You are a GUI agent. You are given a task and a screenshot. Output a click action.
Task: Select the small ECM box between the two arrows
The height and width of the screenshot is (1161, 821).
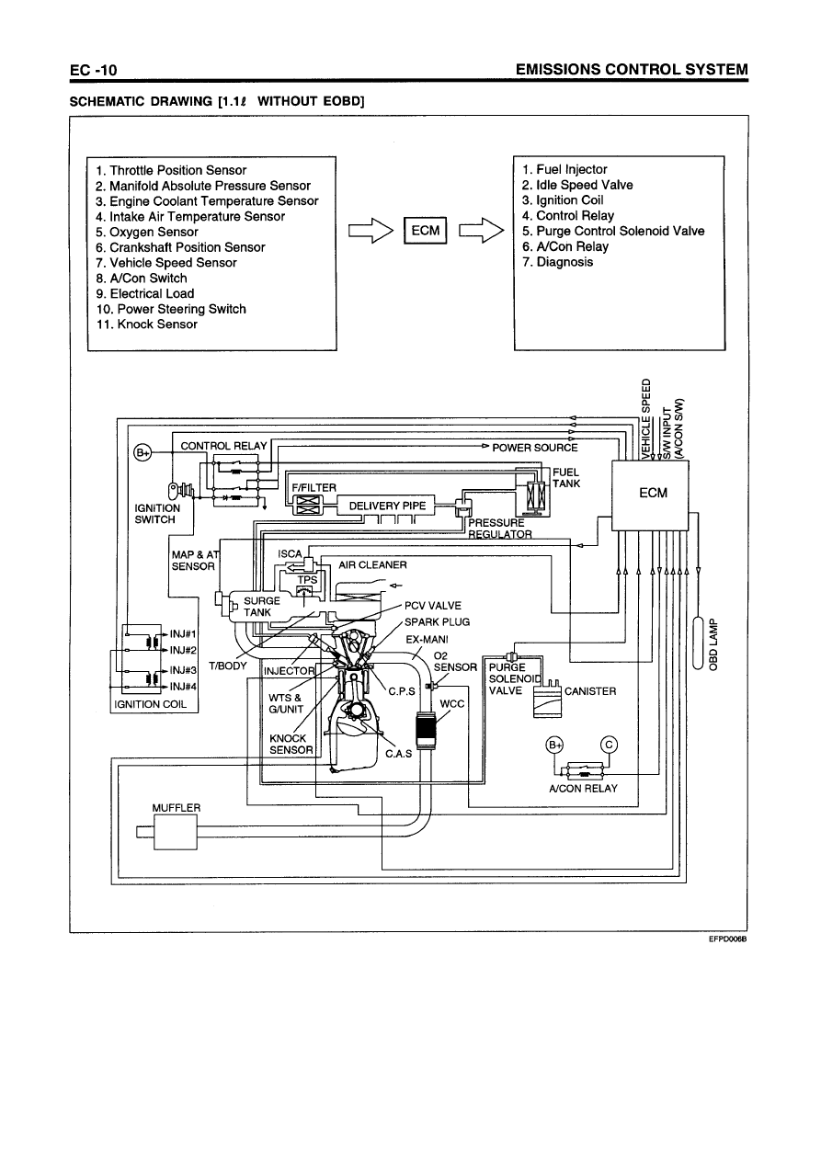click(x=425, y=231)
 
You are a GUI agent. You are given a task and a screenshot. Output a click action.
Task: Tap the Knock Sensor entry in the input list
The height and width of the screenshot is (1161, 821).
click(x=146, y=324)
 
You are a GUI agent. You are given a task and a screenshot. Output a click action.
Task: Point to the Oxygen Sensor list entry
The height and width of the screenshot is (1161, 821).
click(x=147, y=232)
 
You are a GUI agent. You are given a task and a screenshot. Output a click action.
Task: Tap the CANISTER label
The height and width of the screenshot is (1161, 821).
click(x=590, y=691)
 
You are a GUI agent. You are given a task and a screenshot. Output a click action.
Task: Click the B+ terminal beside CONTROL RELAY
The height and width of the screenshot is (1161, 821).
click(x=143, y=452)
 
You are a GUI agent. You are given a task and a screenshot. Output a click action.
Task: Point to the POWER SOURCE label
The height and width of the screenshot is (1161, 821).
click(x=535, y=448)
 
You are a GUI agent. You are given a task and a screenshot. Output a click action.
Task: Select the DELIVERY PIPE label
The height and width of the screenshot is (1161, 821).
click(x=387, y=505)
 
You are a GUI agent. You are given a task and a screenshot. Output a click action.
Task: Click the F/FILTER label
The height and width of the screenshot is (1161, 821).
click(x=314, y=486)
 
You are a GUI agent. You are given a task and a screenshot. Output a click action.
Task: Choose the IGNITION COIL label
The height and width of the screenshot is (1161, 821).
click(x=149, y=704)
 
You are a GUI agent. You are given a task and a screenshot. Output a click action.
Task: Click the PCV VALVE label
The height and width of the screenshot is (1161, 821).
click(x=433, y=606)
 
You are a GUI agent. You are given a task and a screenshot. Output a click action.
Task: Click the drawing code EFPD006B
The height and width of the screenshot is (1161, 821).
click(x=725, y=939)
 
